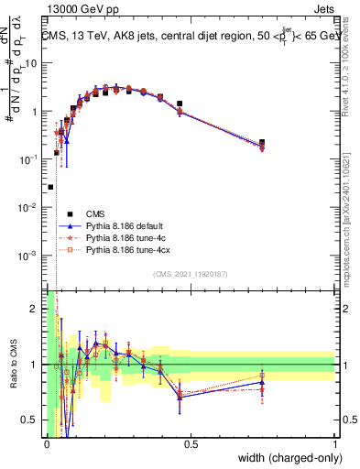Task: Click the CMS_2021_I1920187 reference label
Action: coord(190,275)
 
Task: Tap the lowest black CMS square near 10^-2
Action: coord(50,187)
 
